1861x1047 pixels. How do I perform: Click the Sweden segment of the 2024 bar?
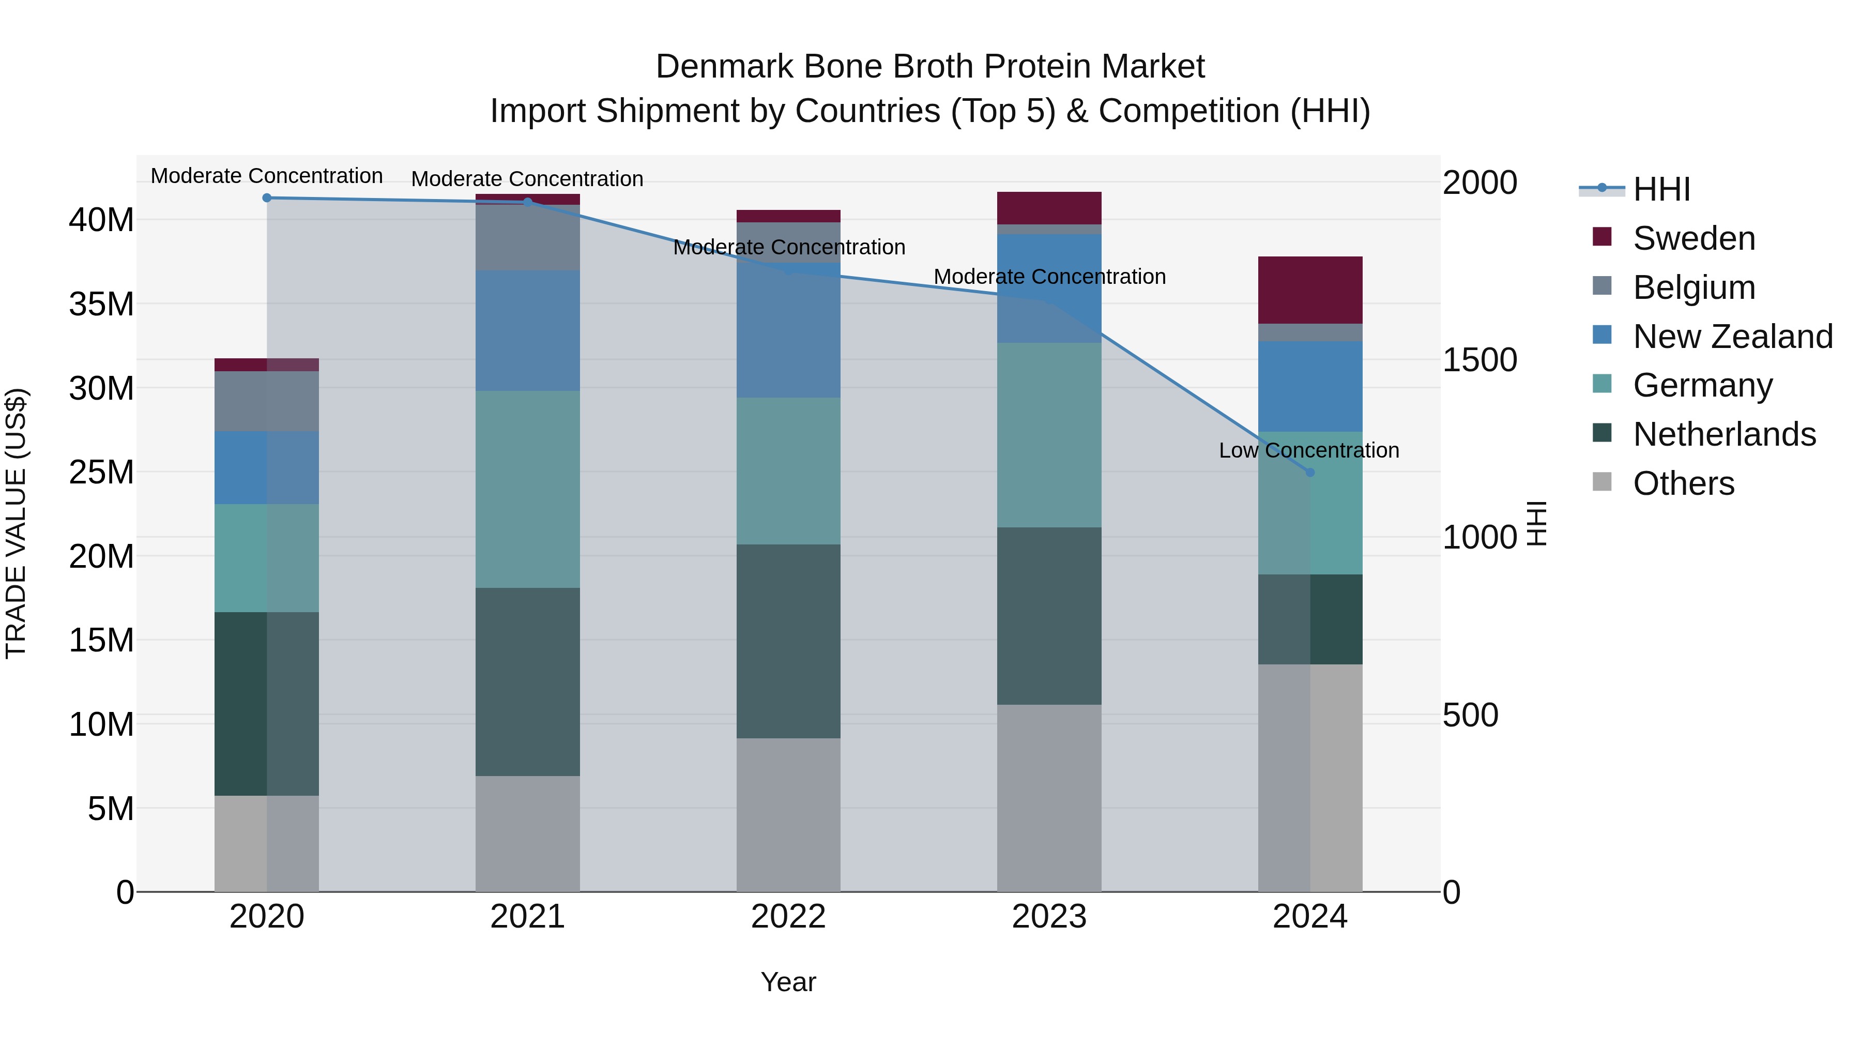click(1310, 290)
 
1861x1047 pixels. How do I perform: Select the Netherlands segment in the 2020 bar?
click(267, 703)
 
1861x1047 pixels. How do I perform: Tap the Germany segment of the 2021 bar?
click(527, 489)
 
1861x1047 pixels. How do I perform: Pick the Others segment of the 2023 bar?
click(1049, 798)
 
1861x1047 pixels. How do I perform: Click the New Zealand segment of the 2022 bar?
click(788, 329)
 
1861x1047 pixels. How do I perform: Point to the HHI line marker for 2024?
click(1310, 472)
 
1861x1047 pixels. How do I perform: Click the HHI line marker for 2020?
click(267, 198)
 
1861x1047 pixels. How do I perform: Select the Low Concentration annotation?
click(1308, 450)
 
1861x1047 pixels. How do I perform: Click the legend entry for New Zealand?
click(1732, 337)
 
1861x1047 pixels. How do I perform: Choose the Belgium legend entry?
click(1694, 287)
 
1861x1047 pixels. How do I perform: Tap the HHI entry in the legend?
click(1661, 189)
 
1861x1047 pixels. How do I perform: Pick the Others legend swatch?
click(1601, 482)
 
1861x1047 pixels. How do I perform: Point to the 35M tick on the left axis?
click(101, 304)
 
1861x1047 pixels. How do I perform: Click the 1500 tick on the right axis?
click(1479, 360)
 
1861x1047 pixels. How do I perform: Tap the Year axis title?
click(788, 982)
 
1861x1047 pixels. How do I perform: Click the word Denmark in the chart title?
click(723, 67)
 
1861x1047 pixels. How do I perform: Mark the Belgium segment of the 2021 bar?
click(527, 238)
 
